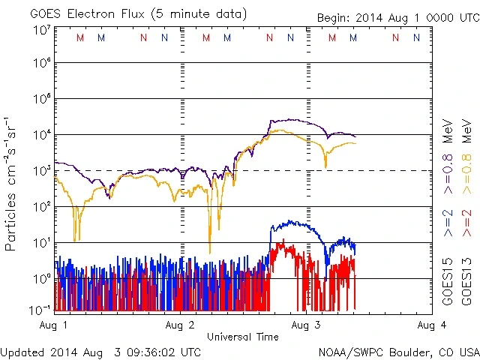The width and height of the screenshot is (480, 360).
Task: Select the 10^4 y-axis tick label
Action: click(40, 135)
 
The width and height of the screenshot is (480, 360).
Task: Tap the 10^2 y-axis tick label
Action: click(40, 206)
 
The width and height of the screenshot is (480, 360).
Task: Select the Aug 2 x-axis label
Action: click(181, 325)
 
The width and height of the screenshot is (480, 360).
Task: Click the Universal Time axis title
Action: click(242, 337)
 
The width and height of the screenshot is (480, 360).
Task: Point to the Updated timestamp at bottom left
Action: click(100, 352)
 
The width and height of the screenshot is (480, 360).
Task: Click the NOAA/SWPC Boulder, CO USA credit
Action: click(398, 352)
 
